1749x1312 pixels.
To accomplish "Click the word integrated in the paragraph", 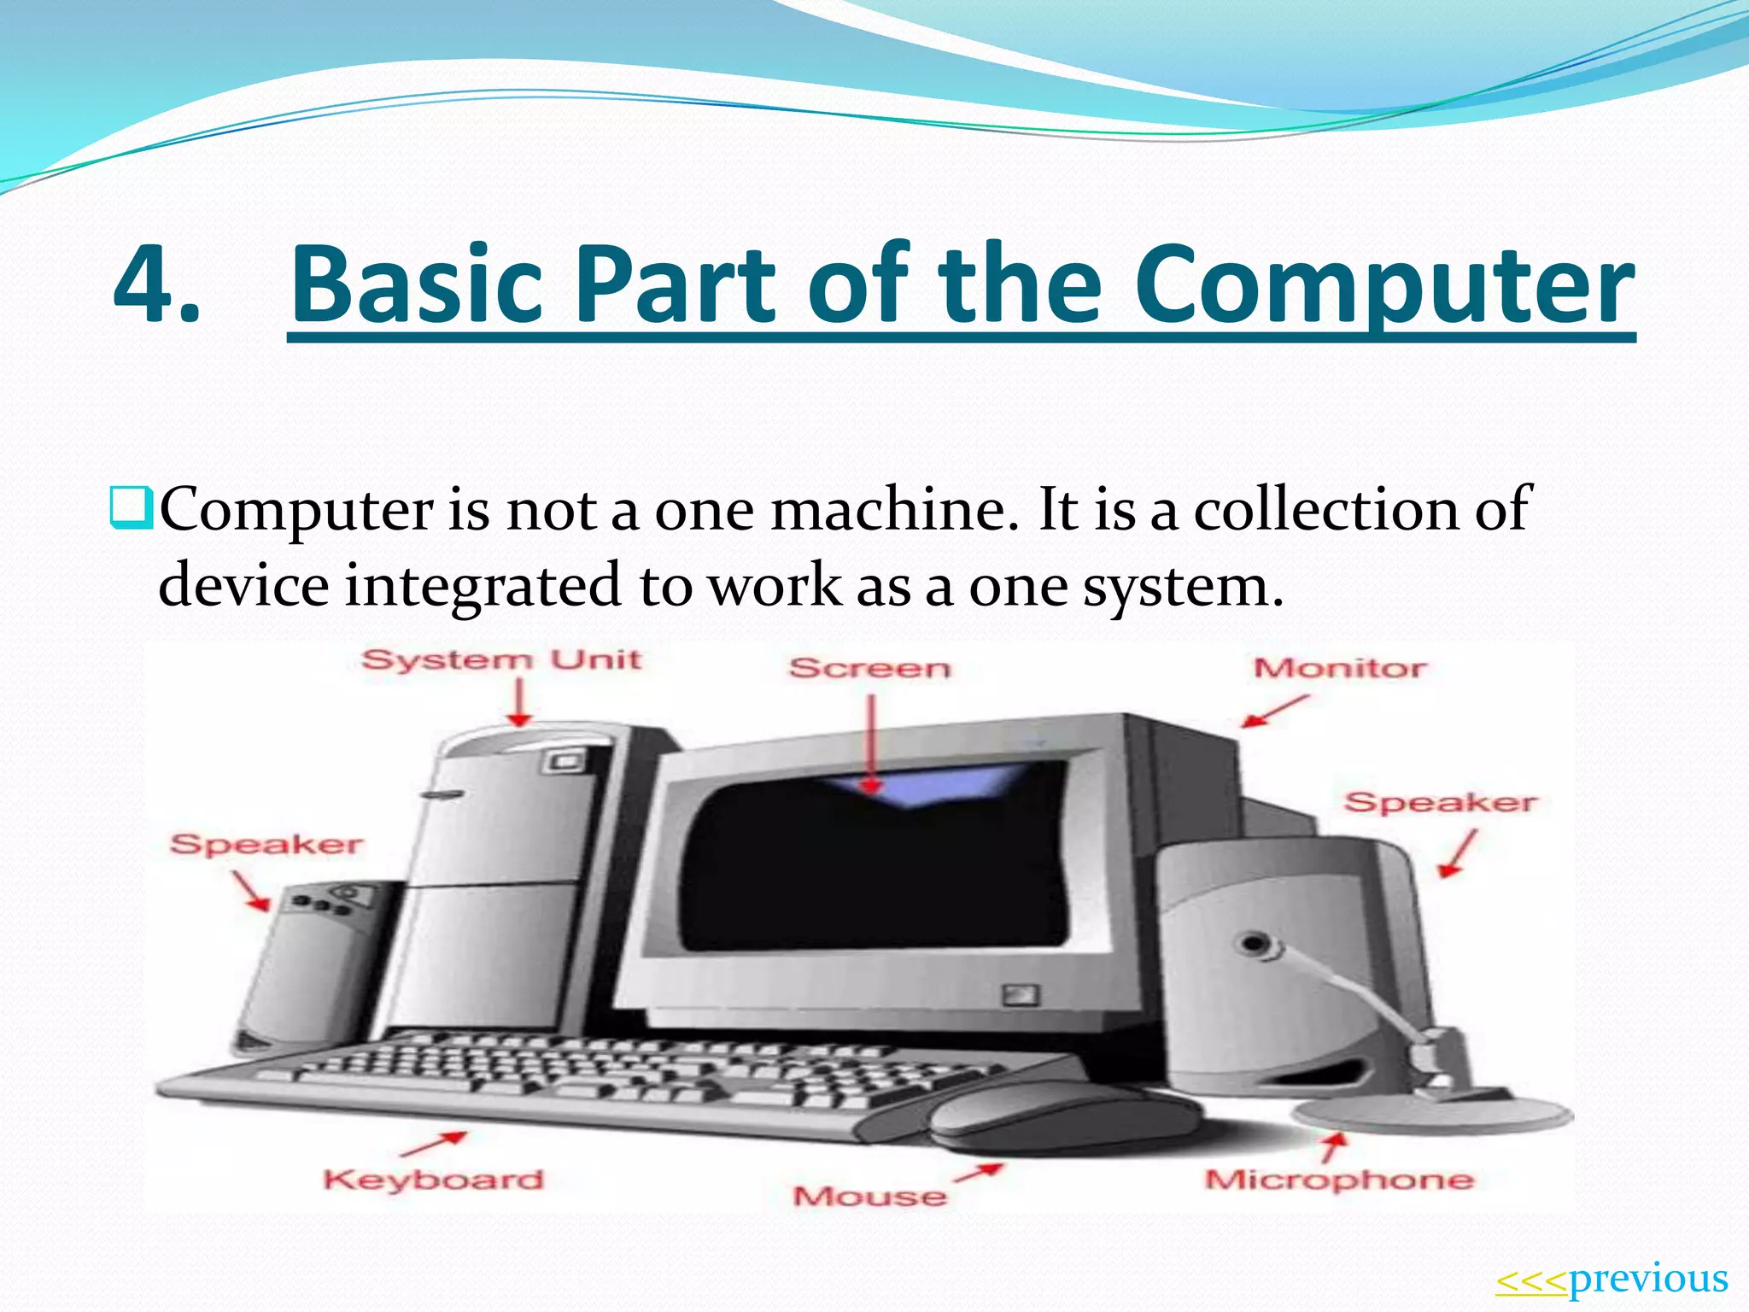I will point(483,587).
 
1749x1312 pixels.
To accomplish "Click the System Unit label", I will point(501,660).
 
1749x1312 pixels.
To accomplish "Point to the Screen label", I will point(869,668).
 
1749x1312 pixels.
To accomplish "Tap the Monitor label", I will point(1339,668).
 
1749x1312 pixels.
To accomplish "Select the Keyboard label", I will point(433,1180).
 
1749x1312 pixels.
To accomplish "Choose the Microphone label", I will point(1339,1180).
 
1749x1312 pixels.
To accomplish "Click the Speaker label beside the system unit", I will point(266,845).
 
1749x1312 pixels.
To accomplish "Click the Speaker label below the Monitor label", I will point(1440,802).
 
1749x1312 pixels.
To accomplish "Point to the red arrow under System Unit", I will point(518,702).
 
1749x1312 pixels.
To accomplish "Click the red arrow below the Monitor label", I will point(1274,711).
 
